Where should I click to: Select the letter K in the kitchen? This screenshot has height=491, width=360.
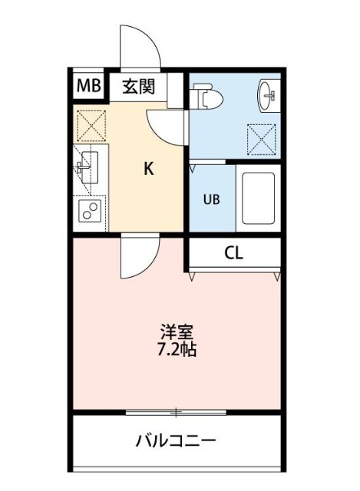pyautogui.click(x=149, y=170)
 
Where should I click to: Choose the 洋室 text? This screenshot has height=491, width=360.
pyautogui.click(x=177, y=332)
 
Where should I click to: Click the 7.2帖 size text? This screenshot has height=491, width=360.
pyautogui.click(x=177, y=350)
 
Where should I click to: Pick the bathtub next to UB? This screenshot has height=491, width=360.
pyautogui.click(x=257, y=197)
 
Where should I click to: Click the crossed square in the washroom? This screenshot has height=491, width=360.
pyautogui.click(x=260, y=141)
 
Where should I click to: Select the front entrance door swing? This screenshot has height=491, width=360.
pyautogui.click(x=140, y=48)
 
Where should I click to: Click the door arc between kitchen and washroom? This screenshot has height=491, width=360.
pyautogui.click(x=167, y=124)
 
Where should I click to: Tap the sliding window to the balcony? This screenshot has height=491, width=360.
pyautogui.click(x=176, y=413)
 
